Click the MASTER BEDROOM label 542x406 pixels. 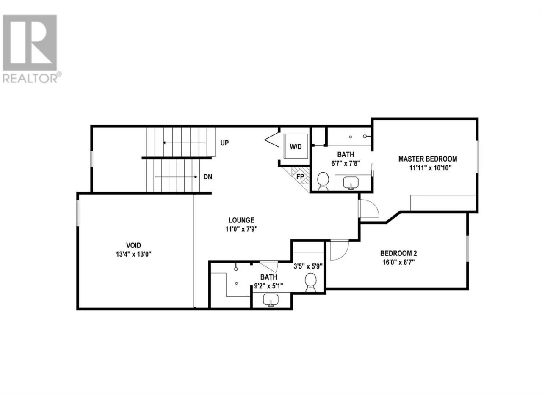point(427,159)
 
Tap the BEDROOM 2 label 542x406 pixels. point(398,253)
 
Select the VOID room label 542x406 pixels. point(133,245)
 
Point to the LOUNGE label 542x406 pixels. point(241,220)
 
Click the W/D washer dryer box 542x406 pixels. point(296,146)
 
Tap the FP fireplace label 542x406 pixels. point(300,177)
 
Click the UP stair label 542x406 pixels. point(224,143)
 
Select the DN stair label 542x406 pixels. point(207,177)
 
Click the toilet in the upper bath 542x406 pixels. point(323,181)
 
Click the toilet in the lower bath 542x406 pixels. point(311,283)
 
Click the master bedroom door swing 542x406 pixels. point(369,208)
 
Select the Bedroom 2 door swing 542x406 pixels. point(340,251)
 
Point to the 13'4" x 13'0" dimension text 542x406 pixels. point(133,254)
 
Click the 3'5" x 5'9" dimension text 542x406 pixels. point(308,266)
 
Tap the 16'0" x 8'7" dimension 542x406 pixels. point(398,262)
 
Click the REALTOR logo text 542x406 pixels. point(30,79)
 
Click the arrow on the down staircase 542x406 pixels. point(176,177)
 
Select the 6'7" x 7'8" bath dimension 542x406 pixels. point(346,163)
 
